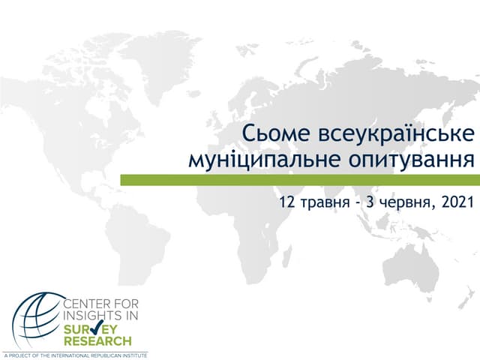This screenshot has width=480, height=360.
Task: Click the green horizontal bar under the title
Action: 300,180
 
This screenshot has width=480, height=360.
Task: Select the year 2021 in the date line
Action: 459,202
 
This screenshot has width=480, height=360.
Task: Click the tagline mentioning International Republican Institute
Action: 75,354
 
